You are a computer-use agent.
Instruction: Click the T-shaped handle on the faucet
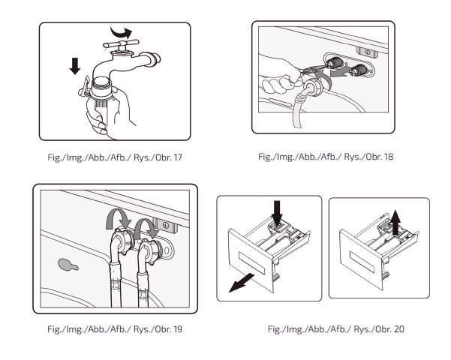[x=121, y=44]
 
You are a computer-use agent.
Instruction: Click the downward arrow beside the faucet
[x=75, y=66]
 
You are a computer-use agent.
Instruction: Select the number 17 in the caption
[x=178, y=157]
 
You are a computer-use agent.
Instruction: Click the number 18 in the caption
[x=388, y=157]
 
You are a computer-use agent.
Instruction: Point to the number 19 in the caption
[x=178, y=329]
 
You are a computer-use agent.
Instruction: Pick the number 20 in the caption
[x=399, y=329]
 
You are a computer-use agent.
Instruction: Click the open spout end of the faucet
[x=155, y=59]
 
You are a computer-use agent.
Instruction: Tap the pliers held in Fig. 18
[x=312, y=70]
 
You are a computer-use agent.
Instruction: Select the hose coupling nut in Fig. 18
[x=311, y=87]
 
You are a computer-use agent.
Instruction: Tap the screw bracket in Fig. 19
[x=165, y=225]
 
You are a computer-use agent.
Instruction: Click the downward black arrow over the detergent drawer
[x=277, y=213]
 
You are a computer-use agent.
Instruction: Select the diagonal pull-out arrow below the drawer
[x=241, y=283]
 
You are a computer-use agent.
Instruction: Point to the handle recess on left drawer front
[x=251, y=262]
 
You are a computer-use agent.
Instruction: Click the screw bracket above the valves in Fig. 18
[x=367, y=52]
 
